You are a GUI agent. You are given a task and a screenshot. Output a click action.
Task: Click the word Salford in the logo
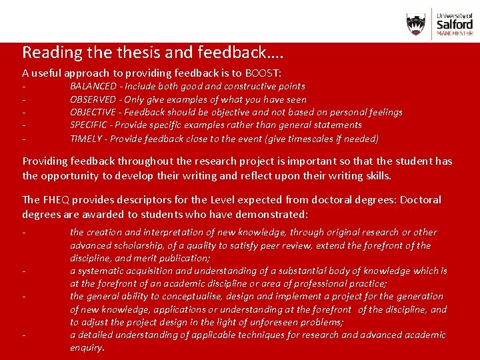point(455,23)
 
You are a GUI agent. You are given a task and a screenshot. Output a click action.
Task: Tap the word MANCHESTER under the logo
point(455,33)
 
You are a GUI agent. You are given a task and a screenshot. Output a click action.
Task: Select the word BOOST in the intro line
point(263,73)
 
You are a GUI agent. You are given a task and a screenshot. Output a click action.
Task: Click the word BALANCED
point(93,86)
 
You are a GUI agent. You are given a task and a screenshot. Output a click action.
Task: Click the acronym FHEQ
point(57,200)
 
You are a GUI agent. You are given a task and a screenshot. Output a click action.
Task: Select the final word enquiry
point(87,347)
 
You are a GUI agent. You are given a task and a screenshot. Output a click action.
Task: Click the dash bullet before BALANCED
point(24,87)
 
